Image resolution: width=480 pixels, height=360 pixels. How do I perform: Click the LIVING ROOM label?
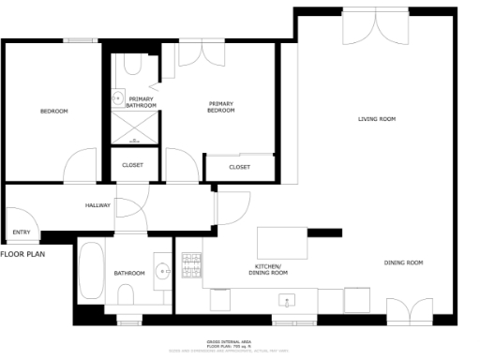coord(377,119)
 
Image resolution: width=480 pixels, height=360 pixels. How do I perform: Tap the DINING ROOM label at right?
coord(404,262)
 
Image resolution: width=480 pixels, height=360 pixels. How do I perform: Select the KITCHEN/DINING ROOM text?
coord(267,270)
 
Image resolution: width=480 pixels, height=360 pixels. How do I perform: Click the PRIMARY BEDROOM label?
coord(220,107)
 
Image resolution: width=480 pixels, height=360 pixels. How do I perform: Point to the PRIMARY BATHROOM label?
coord(142,101)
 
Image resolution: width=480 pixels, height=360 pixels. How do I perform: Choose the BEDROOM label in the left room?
coord(53,112)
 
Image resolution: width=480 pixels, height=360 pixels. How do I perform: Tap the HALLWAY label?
coord(98,205)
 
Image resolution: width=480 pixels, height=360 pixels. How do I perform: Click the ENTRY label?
coord(21,232)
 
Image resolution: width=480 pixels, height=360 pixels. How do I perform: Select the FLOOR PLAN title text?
coord(23,253)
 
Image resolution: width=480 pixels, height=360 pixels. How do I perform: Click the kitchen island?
coord(282,243)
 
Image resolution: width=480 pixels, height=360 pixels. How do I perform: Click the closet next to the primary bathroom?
coord(132,166)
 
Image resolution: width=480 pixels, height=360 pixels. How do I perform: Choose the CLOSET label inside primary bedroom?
coord(239,167)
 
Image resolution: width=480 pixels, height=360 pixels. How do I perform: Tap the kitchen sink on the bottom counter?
coord(288,301)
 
